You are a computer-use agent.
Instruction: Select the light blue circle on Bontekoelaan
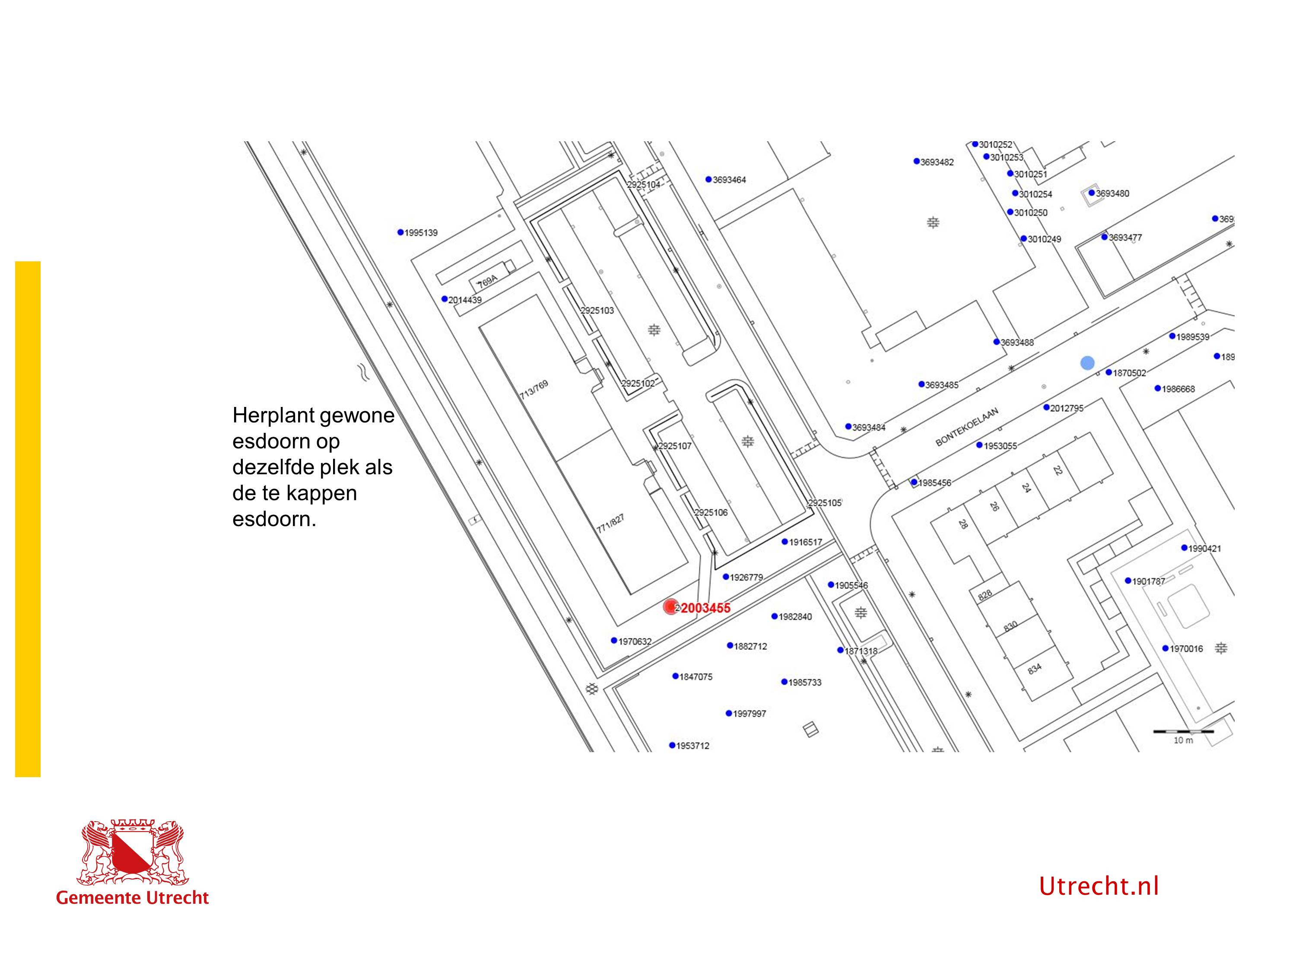click(1087, 363)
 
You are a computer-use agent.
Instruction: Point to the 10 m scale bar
click(1183, 732)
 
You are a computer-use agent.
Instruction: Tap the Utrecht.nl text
click(1099, 886)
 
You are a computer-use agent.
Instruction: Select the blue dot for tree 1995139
click(401, 232)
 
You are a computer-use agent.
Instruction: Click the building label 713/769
click(534, 390)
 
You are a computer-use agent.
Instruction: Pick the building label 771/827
click(610, 523)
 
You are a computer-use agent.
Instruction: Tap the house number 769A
click(487, 282)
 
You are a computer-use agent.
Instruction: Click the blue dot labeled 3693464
click(708, 179)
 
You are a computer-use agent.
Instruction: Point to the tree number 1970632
click(635, 642)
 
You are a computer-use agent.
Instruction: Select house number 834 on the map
click(1035, 668)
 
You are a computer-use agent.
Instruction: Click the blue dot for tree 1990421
click(1184, 548)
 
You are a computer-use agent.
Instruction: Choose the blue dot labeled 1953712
click(672, 745)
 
